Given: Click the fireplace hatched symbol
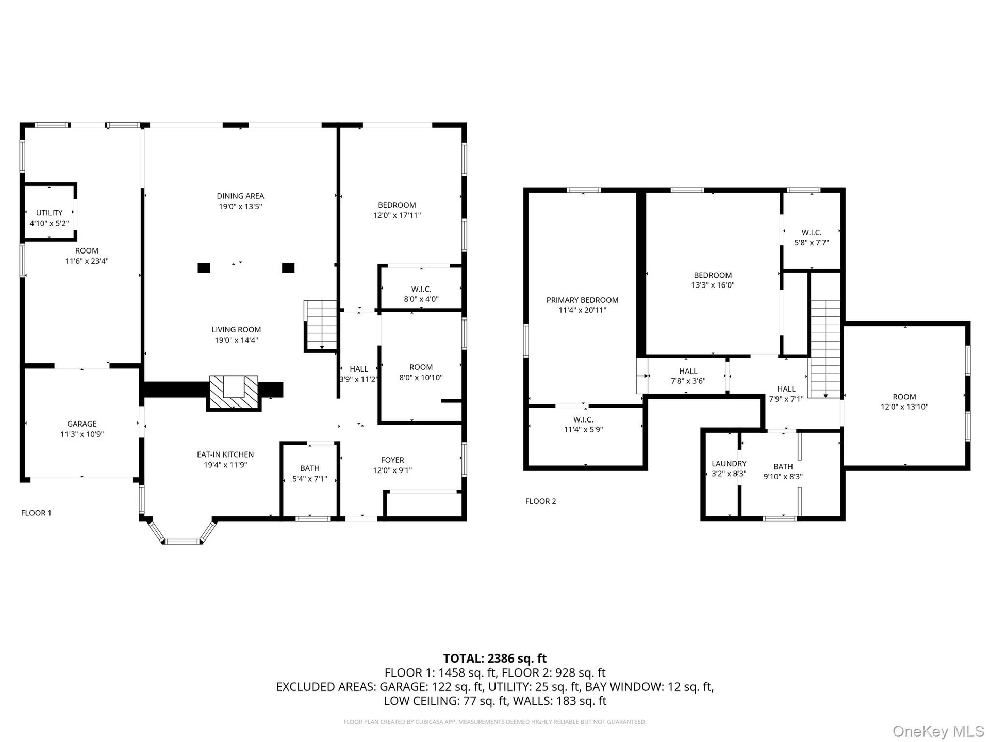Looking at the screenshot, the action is (234, 393).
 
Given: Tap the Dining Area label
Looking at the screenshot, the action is (240, 196).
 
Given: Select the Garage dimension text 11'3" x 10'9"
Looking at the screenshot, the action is (82, 434).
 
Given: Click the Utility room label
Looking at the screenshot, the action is (49, 213).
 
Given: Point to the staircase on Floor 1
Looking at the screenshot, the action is (320, 326).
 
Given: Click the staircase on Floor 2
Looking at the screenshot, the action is (824, 349).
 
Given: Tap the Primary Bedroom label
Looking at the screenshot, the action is (583, 300).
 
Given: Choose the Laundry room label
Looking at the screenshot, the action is (729, 464).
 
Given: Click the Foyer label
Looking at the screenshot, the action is (392, 460).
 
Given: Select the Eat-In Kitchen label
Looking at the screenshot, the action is (225, 454).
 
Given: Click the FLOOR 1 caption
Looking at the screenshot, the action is (36, 513).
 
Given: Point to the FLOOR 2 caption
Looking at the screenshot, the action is (541, 501).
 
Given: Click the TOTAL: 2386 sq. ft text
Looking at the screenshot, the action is (495, 659).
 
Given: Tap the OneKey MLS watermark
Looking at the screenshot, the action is (938, 731).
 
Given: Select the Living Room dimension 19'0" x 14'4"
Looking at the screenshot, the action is (236, 340).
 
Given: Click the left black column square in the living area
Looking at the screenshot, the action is (204, 268).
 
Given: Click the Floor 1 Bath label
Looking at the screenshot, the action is (310, 468).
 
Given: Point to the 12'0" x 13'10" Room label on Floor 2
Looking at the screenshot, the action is (904, 397).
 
